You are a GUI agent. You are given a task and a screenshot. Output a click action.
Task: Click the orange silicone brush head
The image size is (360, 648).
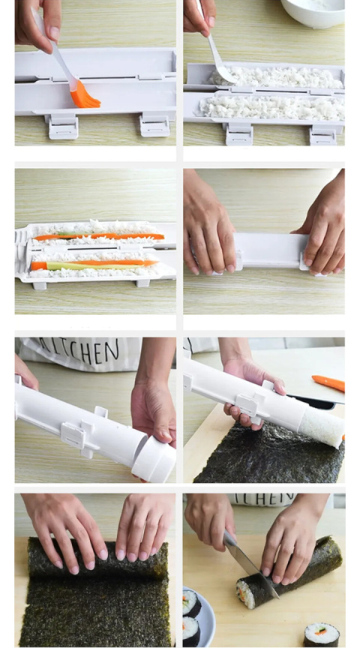tap(84, 95)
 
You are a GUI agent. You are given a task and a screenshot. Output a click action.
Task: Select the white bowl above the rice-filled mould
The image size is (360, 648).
tap(313, 12)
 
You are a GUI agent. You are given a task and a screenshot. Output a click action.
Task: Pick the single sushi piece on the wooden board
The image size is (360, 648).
tap(321, 634)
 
